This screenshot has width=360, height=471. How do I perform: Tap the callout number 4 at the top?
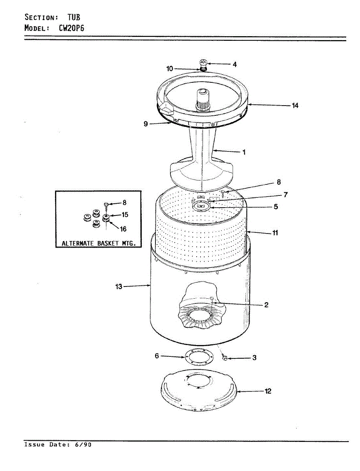[234, 64]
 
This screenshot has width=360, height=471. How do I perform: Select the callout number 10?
[170, 69]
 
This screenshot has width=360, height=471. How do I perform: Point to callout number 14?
[295, 105]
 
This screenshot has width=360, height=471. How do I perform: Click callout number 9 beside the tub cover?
[146, 124]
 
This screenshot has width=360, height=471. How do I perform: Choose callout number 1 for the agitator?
[244, 152]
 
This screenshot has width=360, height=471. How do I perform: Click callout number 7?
[286, 194]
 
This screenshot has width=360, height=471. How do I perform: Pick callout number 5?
[276, 206]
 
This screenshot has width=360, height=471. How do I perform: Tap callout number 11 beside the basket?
[275, 233]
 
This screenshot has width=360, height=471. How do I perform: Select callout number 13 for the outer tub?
[119, 287]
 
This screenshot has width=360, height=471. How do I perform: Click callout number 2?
[266, 305]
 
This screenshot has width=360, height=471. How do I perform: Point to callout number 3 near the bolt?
[254, 358]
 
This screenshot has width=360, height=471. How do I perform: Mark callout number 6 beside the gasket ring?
[157, 356]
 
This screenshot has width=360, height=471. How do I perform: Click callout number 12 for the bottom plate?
[268, 391]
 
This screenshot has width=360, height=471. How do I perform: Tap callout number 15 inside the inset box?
[125, 215]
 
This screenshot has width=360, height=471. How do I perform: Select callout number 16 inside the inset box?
[124, 229]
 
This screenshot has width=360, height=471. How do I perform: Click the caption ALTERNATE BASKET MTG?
[99, 243]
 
